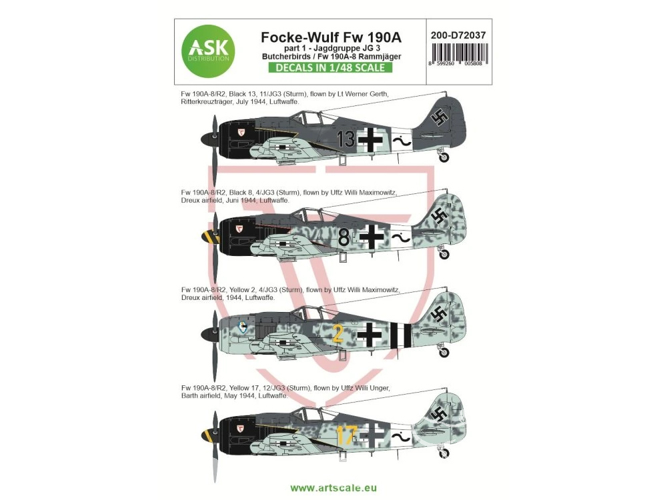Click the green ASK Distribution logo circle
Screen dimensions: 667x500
click(208, 51)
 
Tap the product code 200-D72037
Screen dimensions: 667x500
click(458, 35)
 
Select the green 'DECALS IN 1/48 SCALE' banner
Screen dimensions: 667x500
click(330, 67)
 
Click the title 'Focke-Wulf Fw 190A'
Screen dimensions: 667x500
click(331, 37)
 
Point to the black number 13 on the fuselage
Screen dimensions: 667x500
click(346, 139)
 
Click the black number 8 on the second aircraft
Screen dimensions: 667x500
click(344, 238)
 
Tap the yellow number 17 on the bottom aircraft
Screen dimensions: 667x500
click(346, 435)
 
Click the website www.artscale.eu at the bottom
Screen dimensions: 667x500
click(333, 488)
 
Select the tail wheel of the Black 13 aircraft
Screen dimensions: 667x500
click(444, 157)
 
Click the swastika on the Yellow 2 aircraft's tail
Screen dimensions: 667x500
click(439, 315)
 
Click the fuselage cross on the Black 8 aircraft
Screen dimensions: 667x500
click(372, 237)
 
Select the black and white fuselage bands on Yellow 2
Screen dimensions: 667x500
click(402, 335)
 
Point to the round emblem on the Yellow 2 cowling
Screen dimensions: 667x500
click(243, 327)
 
